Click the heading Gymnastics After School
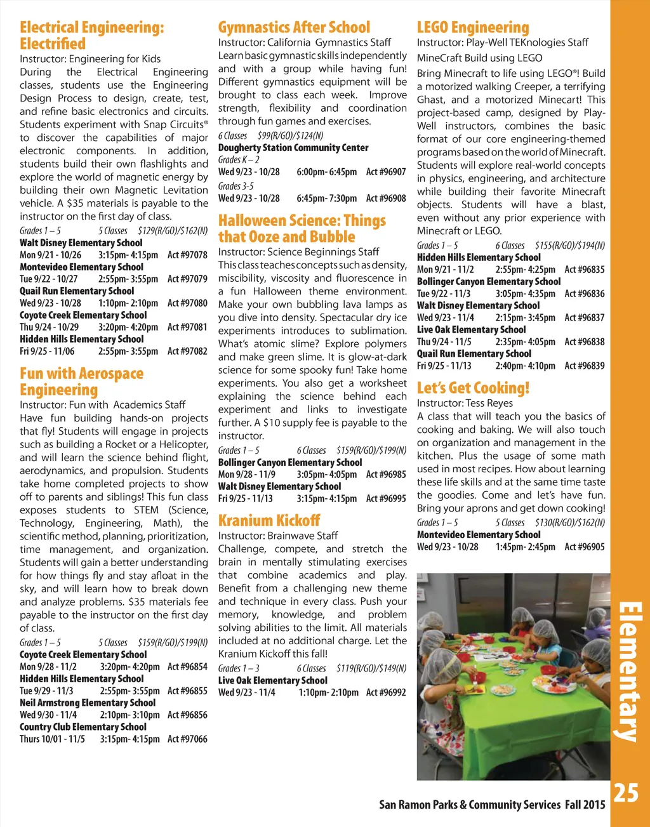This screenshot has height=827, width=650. (x=294, y=27)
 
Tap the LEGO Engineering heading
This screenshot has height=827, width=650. (x=472, y=27)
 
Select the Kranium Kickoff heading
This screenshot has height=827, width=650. (x=269, y=520)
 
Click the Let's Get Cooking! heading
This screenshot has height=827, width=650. (x=473, y=388)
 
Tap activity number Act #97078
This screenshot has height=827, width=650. (x=187, y=255)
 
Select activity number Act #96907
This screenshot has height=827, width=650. (x=386, y=172)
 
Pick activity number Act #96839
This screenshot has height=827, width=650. (x=585, y=366)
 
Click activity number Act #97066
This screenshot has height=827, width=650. (x=187, y=739)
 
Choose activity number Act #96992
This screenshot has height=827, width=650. (x=386, y=692)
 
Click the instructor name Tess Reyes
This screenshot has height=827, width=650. (x=489, y=403)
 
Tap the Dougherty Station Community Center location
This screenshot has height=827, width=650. (x=293, y=148)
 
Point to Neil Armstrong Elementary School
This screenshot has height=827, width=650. (x=88, y=703)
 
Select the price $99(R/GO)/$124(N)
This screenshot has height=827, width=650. (x=291, y=135)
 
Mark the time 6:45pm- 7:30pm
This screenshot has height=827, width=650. (x=327, y=198)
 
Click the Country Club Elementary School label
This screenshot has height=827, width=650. (x=83, y=727)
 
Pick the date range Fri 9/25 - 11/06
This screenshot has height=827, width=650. (x=47, y=351)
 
